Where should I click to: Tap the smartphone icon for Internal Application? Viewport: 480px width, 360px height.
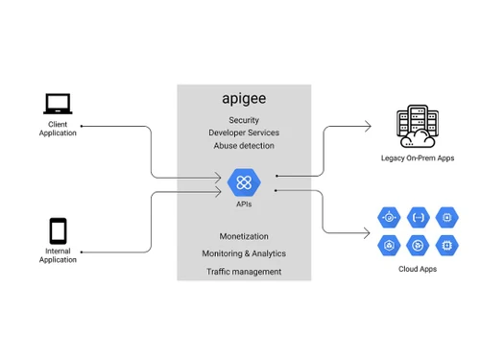[58, 231]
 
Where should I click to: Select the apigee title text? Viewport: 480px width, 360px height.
[244, 99]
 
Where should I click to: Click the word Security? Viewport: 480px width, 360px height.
[244, 119]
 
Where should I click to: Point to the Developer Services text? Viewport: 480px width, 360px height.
[244, 132]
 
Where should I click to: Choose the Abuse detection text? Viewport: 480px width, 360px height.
[244, 146]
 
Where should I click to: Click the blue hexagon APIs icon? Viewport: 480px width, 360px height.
[244, 180]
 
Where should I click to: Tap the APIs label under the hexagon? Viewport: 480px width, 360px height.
[244, 204]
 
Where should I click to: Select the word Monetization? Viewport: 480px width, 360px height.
[244, 236]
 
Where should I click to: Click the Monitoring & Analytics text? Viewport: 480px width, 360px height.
[244, 253]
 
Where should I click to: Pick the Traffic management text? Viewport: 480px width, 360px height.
[244, 272]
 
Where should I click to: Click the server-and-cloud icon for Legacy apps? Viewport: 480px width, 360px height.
[417, 126]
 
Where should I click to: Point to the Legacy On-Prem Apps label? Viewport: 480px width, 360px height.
[417, 157]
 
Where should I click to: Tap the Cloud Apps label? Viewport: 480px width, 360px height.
[417, 269]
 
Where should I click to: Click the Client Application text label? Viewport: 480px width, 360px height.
[58, 129]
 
